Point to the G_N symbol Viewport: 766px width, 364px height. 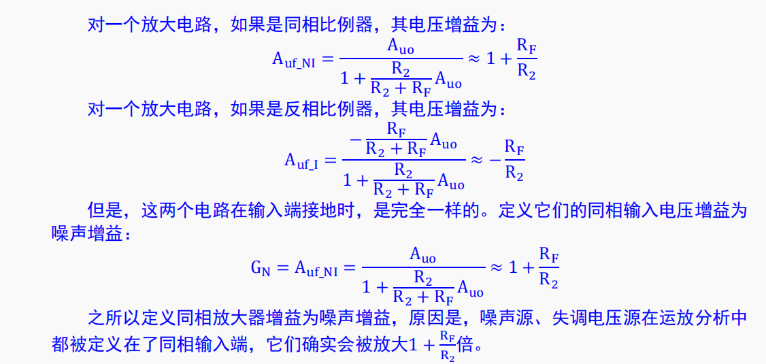tap(261, 268)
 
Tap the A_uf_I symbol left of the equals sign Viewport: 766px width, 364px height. tap(301, 161)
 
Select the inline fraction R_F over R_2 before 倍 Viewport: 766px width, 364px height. tap(447, 345)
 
